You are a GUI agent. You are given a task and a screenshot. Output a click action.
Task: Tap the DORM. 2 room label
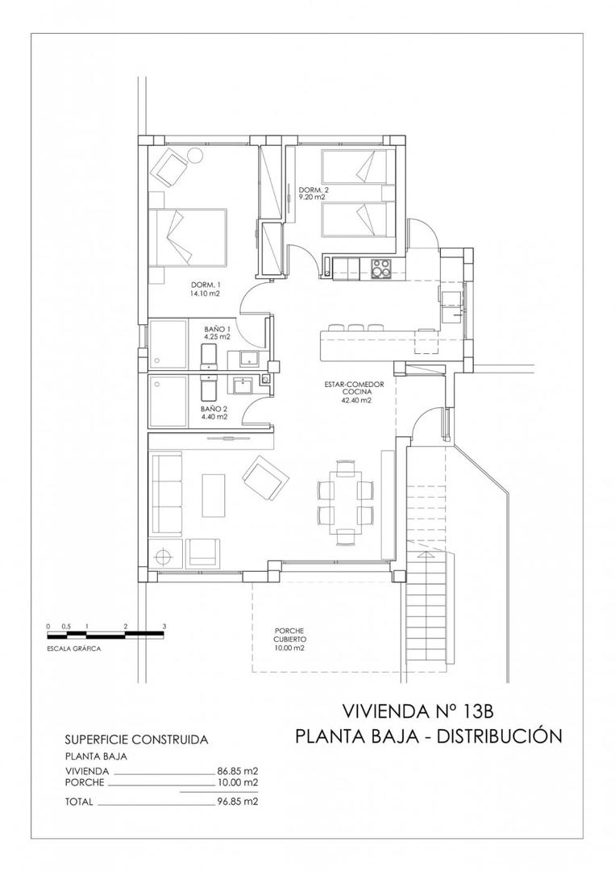pos(312,193)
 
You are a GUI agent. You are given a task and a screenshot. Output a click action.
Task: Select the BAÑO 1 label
pos(218,331)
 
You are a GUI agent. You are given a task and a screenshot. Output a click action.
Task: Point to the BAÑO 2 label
pos(214,413)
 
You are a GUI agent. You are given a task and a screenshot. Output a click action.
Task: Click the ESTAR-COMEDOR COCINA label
pos(355,392)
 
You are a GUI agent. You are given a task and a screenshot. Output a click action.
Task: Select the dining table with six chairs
pos(345,501)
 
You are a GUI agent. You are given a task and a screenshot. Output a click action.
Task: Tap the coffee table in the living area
pos(214,496)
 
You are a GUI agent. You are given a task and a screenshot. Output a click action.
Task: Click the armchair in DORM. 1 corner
pos(171,167)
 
